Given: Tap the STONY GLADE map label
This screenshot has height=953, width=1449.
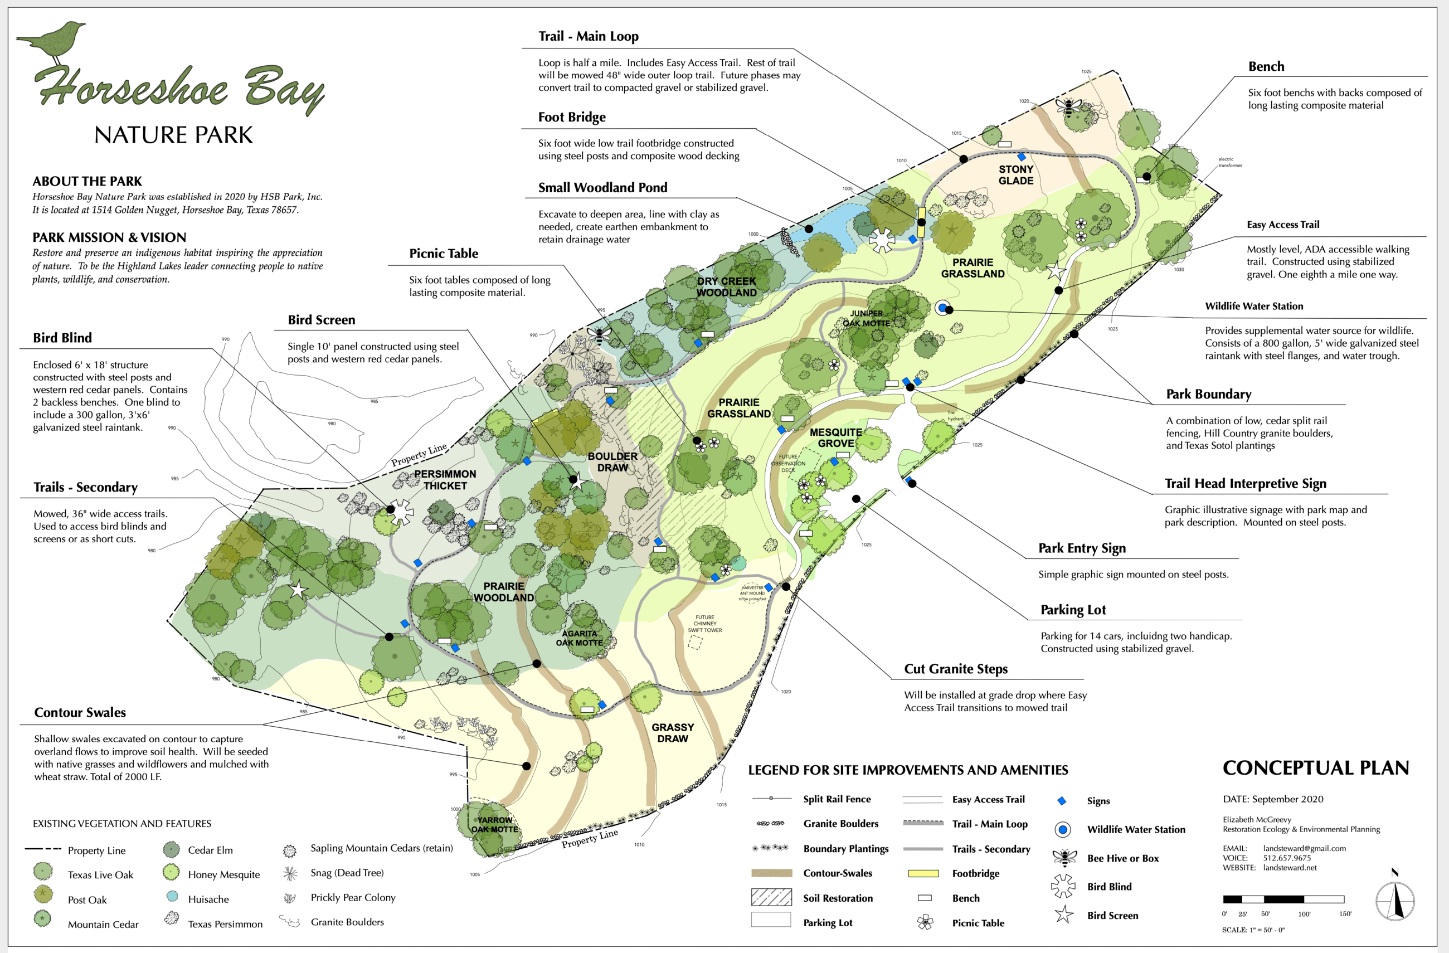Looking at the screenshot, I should pos(1015,175).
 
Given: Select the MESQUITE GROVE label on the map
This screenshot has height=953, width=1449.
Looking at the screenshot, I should pos(835,437).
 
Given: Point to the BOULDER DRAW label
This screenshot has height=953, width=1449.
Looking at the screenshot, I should pos(612,461).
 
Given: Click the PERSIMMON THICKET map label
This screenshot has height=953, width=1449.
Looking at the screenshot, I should pos(445,480).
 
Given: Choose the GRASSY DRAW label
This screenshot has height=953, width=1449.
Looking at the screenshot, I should pos(672,732).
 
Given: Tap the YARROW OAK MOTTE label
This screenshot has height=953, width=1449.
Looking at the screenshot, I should pos(494,824).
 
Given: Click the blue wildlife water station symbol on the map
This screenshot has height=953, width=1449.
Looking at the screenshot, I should pos(942,308).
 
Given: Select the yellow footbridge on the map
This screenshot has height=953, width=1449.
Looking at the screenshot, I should pos(921,222).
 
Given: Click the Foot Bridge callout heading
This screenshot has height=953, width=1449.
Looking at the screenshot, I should pos(572,117).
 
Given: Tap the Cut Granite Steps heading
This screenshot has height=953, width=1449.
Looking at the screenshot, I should pos(955,669).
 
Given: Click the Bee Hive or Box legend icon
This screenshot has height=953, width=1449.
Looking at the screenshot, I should pos(1064,857).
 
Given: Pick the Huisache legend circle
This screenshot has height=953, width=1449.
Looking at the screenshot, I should pos(172,896).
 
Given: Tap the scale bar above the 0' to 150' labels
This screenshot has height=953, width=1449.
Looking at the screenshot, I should pos(1283,899).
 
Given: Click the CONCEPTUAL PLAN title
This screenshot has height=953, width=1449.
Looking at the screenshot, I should pos(1315,768).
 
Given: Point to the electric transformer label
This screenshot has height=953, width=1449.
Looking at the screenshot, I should pos(1229,162).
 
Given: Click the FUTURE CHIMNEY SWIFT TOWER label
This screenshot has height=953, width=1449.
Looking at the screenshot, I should pos(704,624).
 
